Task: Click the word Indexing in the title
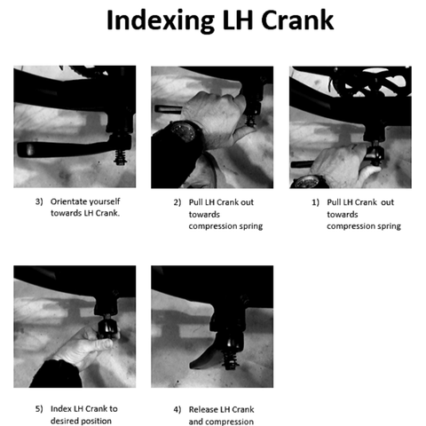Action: click(x=161, y=21)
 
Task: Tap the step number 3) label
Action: click(x=39, y=201)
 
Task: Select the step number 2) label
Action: click(x=177, y=202)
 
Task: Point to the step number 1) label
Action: click(x=315, y=202)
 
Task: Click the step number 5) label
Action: click(x=39, y=409)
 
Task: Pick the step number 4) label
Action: click(x=177, y=410)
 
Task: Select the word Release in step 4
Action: click(x=201, y=409)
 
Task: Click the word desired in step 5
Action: click(x=61, y=421)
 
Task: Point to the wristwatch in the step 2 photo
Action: click(x=183, y=131)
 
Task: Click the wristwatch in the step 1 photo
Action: click(x=309, y=182)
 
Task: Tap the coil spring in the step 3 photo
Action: click(x=120, y=157)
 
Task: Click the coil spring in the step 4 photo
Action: click(x=230, y=361)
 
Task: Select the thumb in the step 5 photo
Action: click(x=102, y=344)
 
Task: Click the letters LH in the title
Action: click(x=238, y=20)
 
